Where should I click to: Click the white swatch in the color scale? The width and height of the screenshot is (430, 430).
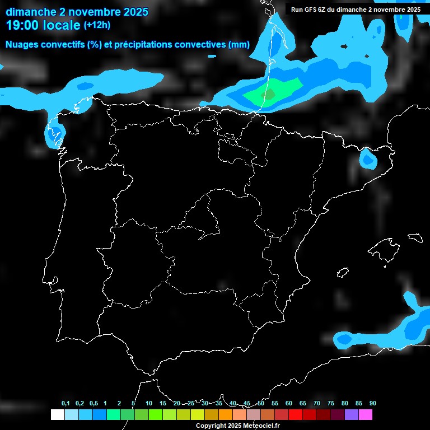click(57, 414)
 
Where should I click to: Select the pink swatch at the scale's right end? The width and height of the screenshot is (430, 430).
click(366, 414)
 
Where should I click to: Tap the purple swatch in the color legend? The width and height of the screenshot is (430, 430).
click(352, 414)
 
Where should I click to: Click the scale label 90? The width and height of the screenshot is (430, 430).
click(372, 403)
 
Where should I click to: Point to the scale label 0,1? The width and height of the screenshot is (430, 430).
click(66, 403)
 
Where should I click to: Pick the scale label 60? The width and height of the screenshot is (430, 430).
click(288, 403)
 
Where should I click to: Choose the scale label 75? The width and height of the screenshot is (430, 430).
click(330, 403)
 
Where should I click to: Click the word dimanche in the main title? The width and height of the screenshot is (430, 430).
click(28, 11)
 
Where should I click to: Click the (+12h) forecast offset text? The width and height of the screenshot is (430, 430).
click(97, 25)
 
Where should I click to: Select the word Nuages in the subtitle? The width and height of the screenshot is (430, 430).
click(22, 45)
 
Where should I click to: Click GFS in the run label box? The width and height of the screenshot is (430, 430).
click(311, 10)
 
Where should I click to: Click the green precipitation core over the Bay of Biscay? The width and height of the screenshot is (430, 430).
click(269, 93)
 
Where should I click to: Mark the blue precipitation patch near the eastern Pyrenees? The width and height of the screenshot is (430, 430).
click(368, 160)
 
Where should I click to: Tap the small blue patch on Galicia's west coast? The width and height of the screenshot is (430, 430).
click(54, 133)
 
